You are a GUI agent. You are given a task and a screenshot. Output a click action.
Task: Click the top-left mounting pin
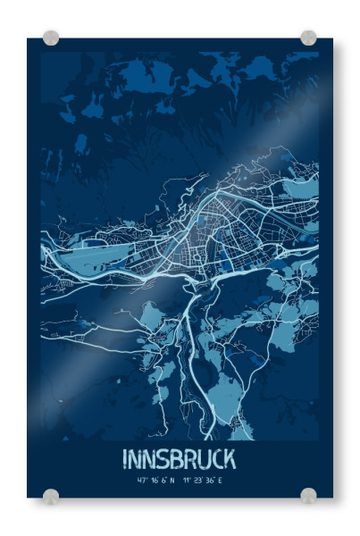[x=51, y=38]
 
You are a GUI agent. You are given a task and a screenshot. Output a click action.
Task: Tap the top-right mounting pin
[x=308, y=38]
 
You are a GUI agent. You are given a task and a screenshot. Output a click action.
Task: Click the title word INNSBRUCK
[x=180, y=459]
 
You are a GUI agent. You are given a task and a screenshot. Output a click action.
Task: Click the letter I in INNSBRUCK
[x=125, y=459]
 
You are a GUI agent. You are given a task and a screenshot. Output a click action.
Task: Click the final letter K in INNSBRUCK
[x=231, y=459]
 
